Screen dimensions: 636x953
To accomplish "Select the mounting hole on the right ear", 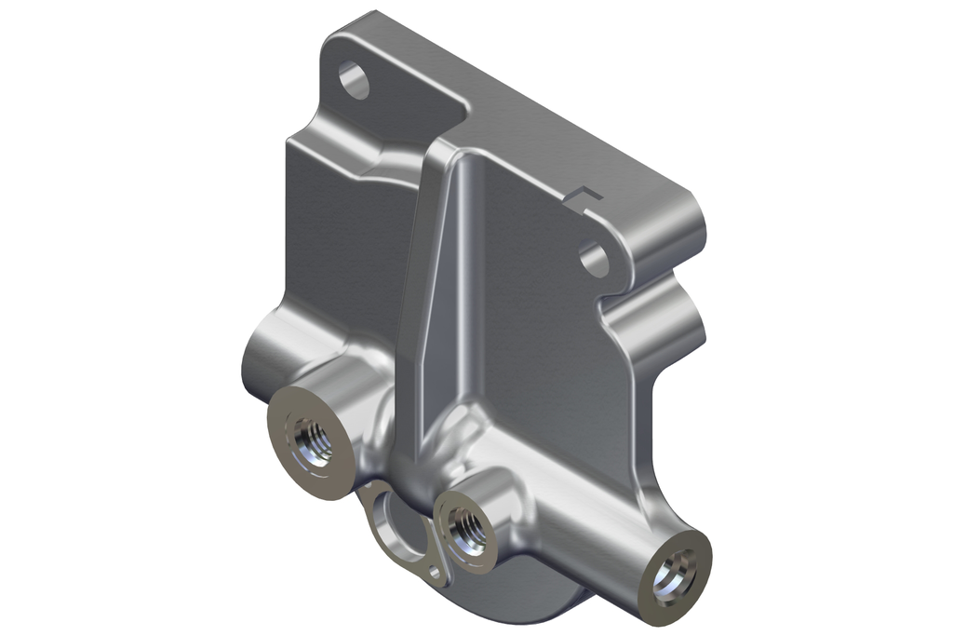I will point(594,260).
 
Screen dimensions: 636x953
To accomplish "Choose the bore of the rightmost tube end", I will point(673,577).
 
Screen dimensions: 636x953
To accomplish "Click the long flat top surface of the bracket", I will point(521,102).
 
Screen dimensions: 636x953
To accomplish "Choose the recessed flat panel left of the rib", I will point(344,242).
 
